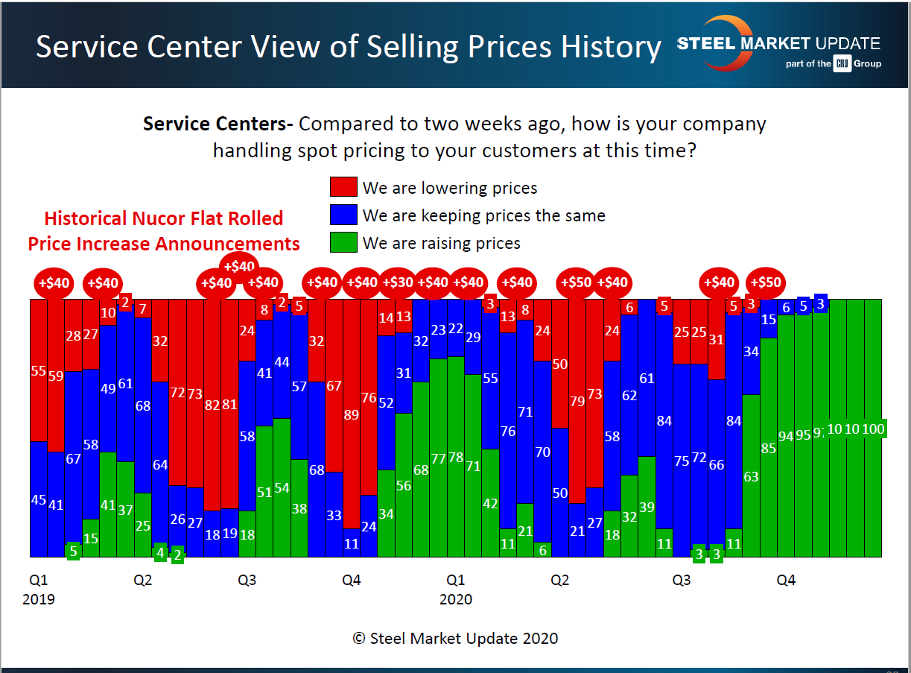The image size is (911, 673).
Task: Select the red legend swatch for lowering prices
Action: click(343, 188)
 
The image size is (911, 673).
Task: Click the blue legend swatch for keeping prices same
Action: click(343, 215)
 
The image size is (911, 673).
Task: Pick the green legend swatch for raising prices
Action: click(343, 243)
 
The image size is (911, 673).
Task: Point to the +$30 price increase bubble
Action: click(398, 282)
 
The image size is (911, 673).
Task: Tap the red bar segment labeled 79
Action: click(577, 401)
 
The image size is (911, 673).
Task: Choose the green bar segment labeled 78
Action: click(456, 457)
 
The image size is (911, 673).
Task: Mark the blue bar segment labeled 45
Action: click(39, 499)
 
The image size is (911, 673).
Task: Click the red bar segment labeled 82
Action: click(212, 405)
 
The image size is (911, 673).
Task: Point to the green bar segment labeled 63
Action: click(751, 475)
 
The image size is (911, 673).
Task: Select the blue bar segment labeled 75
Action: click(681, 461)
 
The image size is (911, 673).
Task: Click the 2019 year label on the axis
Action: click(39, 599)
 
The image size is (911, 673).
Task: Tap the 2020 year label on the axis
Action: click(456, 599)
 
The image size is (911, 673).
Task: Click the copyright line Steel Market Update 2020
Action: click(455, 638)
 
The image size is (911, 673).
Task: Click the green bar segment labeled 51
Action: click(264, 492)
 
